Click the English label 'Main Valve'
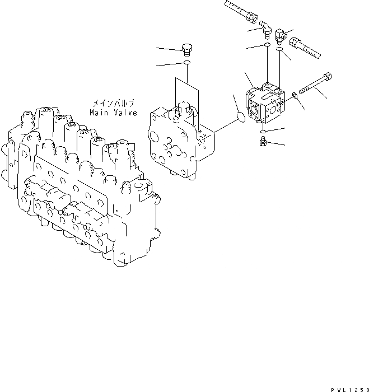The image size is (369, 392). (x=113, y=113)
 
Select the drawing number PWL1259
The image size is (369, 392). (x=348, y=388)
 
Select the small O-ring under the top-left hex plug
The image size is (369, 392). (x=186, y=63)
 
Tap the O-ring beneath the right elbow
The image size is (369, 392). (x=279, y=51)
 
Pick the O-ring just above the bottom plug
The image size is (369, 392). (x=263, y=131)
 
